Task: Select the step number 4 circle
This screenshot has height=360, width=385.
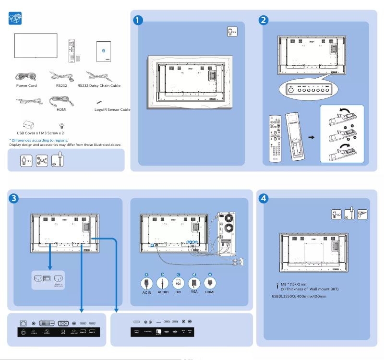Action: pyautogui.click(x=263, y=198)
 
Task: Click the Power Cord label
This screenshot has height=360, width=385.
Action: pyautogui.click(x=26, y=86)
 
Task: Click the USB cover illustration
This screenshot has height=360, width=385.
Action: pyautogui.click(x=28, y=124)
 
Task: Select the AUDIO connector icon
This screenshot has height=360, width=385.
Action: pyautogui.click(x=163, y=283)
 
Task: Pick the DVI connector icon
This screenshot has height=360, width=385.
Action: pyautogui.click(x=178, y=283)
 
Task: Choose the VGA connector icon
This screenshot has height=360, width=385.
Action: pyautogui.click(x=194, y=283)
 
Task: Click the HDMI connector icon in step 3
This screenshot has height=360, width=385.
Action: pyautogui.click(x=210, y=283)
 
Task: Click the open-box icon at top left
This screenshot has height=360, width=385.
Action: pyautogui.click(x=16, y=19)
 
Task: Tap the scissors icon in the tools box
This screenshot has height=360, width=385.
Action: pyautogui.click(x=42, y=160)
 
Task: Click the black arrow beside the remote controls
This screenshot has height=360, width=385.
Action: pyautogui.click(x=311, y=137)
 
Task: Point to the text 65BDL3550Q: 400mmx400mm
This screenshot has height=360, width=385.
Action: pyautogui.click(x=299, y=296)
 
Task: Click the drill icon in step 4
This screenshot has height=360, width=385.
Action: pyautogui.click(x=362, y=214)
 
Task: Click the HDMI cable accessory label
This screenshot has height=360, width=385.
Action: pyautogui.click(x=61, y=109)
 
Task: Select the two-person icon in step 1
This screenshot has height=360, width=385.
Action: pyautogui.click(x=232, y=32)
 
